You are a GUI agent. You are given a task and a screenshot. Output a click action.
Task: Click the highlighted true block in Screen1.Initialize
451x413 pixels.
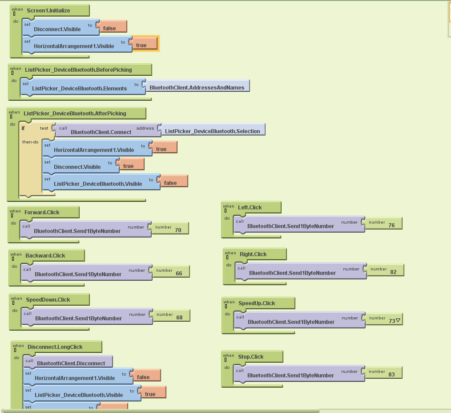(x=144, y=44)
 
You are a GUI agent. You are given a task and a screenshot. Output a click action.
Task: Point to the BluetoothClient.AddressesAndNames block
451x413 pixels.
(x=197, y=87)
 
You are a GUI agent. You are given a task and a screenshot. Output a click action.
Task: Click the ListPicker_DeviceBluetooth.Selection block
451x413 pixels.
(x=212, y=130)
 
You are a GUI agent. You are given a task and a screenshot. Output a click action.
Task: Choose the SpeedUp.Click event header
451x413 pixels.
(x=257, y=303)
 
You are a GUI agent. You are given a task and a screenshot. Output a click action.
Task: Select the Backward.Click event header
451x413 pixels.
(x=46, y=256)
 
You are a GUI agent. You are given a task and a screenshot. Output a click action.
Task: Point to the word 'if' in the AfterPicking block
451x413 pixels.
(x=23, y=128)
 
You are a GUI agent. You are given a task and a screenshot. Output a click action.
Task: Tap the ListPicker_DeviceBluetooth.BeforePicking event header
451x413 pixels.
(x=78, y=70)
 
